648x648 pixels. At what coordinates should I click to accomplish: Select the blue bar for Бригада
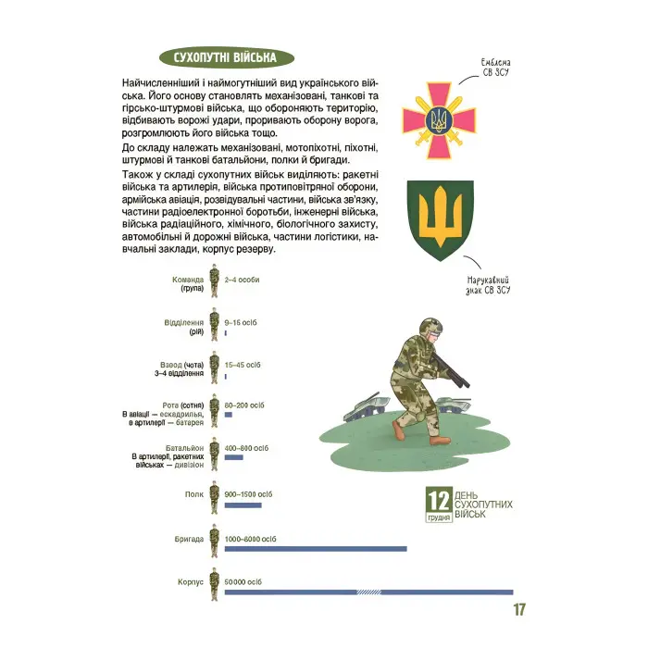coord(316,549)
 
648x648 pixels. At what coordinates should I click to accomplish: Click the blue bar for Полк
coord(243,505)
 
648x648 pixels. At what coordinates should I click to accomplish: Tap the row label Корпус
coord(190,582)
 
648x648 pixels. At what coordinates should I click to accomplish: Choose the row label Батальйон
coord(187,447)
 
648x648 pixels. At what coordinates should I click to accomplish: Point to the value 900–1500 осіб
coord(249,494)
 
